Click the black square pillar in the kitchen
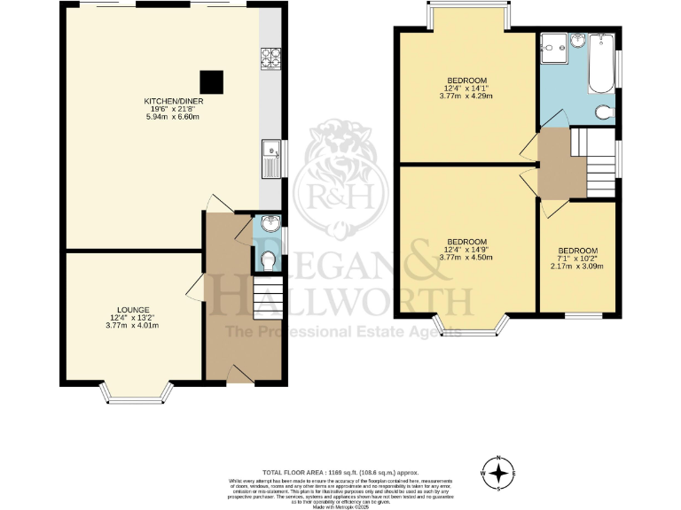pyautogui.click(x=210, y=81)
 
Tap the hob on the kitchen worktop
pyautogui.click(x=270, y=58)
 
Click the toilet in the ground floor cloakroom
pyautogui.click(x=269, y=259)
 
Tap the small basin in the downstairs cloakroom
pyautogui.click(x=270, y=223)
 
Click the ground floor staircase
pyautogui.click(x=267, y=297)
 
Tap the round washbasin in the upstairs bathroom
pyautogui.click(x=578, y=41)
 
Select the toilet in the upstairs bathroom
pyautogui.click(x=605, y=112)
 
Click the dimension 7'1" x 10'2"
pyautogui.click(x=577, y=259)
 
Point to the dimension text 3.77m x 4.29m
pyautogui.click(x=466, y=96)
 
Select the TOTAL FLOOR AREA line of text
pyautogui.click(x=340, y=474)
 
